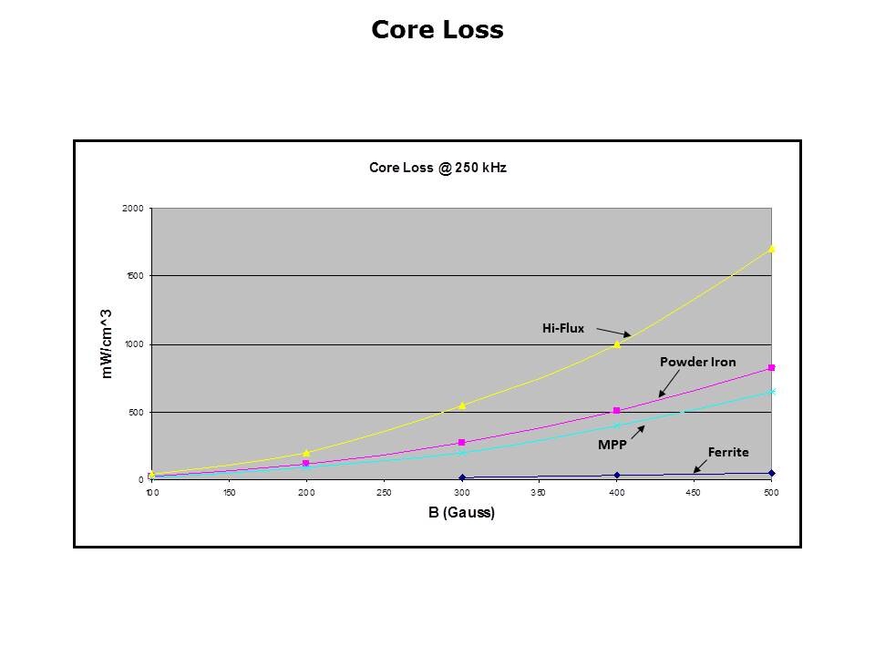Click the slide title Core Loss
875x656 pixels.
point(437,30)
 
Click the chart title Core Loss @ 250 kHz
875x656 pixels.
point(437,168)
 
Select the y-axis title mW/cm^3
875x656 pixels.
point(107,343)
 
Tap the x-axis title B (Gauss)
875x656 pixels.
point(461,513)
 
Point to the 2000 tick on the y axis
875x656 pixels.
point(134,209)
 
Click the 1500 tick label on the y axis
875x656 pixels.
point(135,276)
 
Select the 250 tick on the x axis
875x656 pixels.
point(384,493)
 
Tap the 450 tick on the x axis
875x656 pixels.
point(694,493)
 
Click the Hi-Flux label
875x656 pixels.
point(562,328)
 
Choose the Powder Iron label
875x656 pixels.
point(697,362)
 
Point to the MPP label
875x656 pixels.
point(612,445)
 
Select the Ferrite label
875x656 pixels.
point(728,451)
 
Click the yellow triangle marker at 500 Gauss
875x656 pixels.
point(772,249)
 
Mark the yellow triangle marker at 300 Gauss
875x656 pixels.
point(462,405)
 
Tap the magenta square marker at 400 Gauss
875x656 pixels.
point(617,411)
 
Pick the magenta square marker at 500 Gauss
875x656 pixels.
point(772,367)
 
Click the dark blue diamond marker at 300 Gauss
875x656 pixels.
point(462,477)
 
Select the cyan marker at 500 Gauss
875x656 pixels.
point(772,392)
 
